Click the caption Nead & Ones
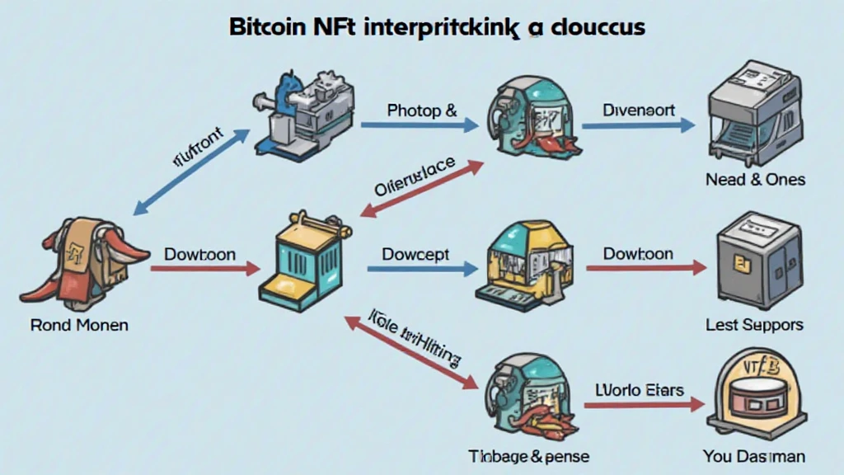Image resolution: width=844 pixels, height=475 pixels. point(755,179)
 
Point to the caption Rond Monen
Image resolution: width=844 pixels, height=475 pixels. point(79,325)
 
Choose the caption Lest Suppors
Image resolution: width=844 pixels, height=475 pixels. point(754,325)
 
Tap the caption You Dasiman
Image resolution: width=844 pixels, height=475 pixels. point(754,455)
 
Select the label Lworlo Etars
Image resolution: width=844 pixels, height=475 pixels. point(639,388)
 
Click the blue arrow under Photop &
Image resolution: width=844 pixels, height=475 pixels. point(420,126)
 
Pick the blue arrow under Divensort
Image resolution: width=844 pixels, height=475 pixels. point(638,126)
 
